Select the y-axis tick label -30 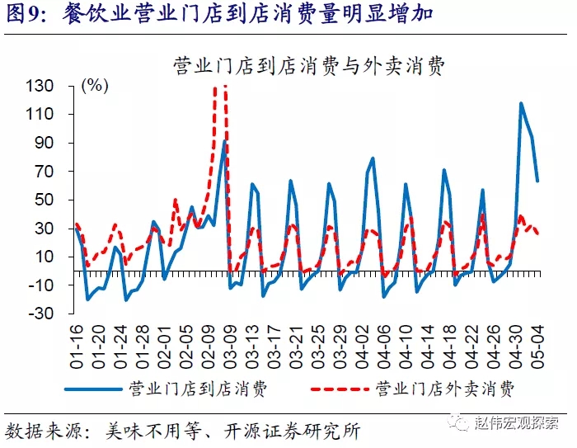click(41, 314)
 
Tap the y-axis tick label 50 click(45, 200)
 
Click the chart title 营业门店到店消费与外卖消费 click(309, 67)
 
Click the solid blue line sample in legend click(95, 389)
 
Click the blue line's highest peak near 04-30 click(521, 103)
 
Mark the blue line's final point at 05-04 click(537, 181)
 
